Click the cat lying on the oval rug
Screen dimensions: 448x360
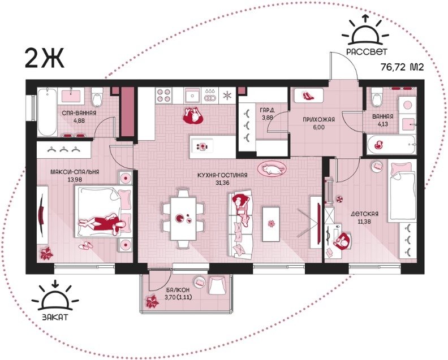click(273, 170)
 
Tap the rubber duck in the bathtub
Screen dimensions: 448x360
click(378, 145)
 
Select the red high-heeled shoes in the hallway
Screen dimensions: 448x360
click(308, 96)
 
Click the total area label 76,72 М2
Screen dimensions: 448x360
click(402, 67)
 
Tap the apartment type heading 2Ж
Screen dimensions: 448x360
click(45, 58)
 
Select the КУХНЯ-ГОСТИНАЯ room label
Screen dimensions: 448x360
click(222, 175)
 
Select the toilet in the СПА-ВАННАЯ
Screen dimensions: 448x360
click(97, 97)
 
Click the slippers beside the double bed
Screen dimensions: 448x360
click(85, 245)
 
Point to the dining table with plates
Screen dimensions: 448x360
click(183, 219)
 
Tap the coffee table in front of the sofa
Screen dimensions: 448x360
click(270, 224)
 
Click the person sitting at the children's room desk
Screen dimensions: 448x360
click(343, 241)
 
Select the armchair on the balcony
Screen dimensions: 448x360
click(217, 285)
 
